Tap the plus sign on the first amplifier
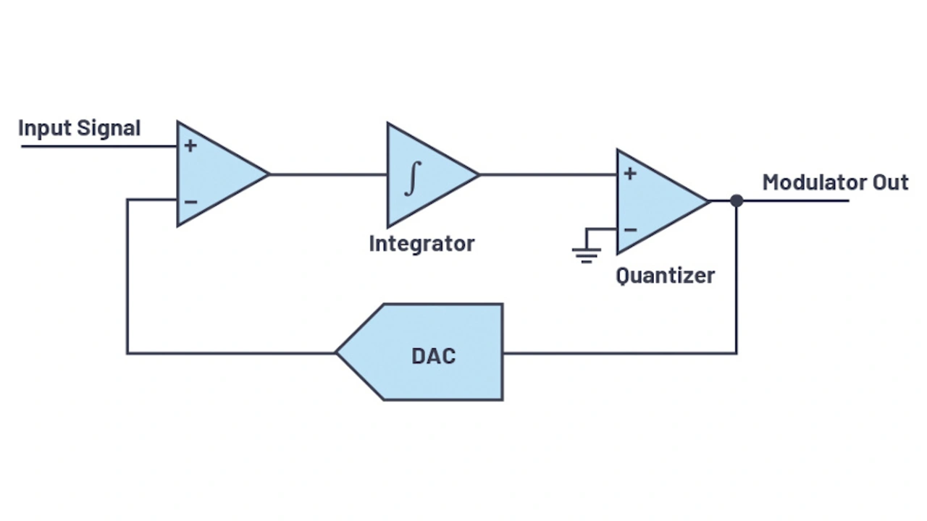190,146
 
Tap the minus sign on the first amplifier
190,201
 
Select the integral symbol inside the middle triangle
411,178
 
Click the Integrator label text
421,244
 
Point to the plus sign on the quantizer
630,174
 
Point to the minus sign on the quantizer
630,230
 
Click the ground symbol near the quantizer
586,253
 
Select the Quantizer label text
665,276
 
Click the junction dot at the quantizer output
737,200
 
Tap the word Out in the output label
890,182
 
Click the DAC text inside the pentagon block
433,356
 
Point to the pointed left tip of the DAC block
337,352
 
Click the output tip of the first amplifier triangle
268,174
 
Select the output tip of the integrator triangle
478,174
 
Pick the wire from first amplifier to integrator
327,174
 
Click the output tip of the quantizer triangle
708,200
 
